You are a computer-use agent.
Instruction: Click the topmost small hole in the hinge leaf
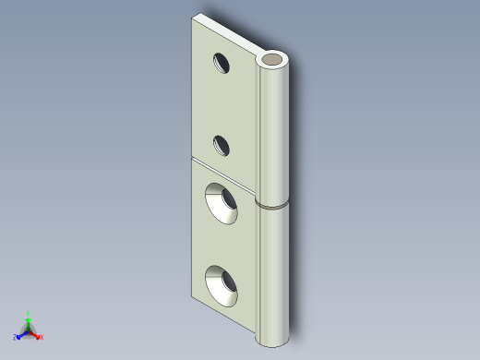[222, 63]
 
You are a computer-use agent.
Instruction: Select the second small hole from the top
[222, 144]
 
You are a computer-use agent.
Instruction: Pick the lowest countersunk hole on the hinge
[222, 285]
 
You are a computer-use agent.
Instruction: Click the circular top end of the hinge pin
[274, 61]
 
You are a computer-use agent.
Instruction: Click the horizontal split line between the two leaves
[222, 170]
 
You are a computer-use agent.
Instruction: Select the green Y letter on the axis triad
[29, 313]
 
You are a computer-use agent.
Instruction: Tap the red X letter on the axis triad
[42, 337]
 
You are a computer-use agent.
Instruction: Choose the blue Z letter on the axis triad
[16, 337]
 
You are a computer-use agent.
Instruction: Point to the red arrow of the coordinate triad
[35, 333]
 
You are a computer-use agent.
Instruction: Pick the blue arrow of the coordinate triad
[22, 333]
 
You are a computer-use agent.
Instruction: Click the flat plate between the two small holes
[222, 103]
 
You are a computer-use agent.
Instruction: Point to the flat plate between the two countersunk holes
[222, 245]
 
